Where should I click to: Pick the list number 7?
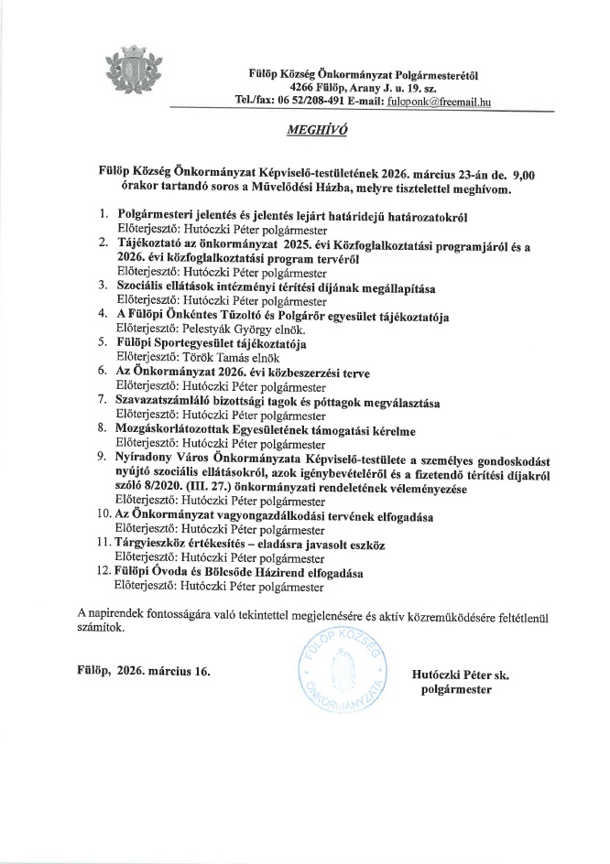click(x=103, y=402)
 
